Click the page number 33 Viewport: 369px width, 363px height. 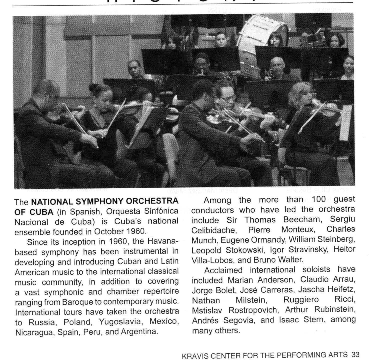point(355,354)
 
